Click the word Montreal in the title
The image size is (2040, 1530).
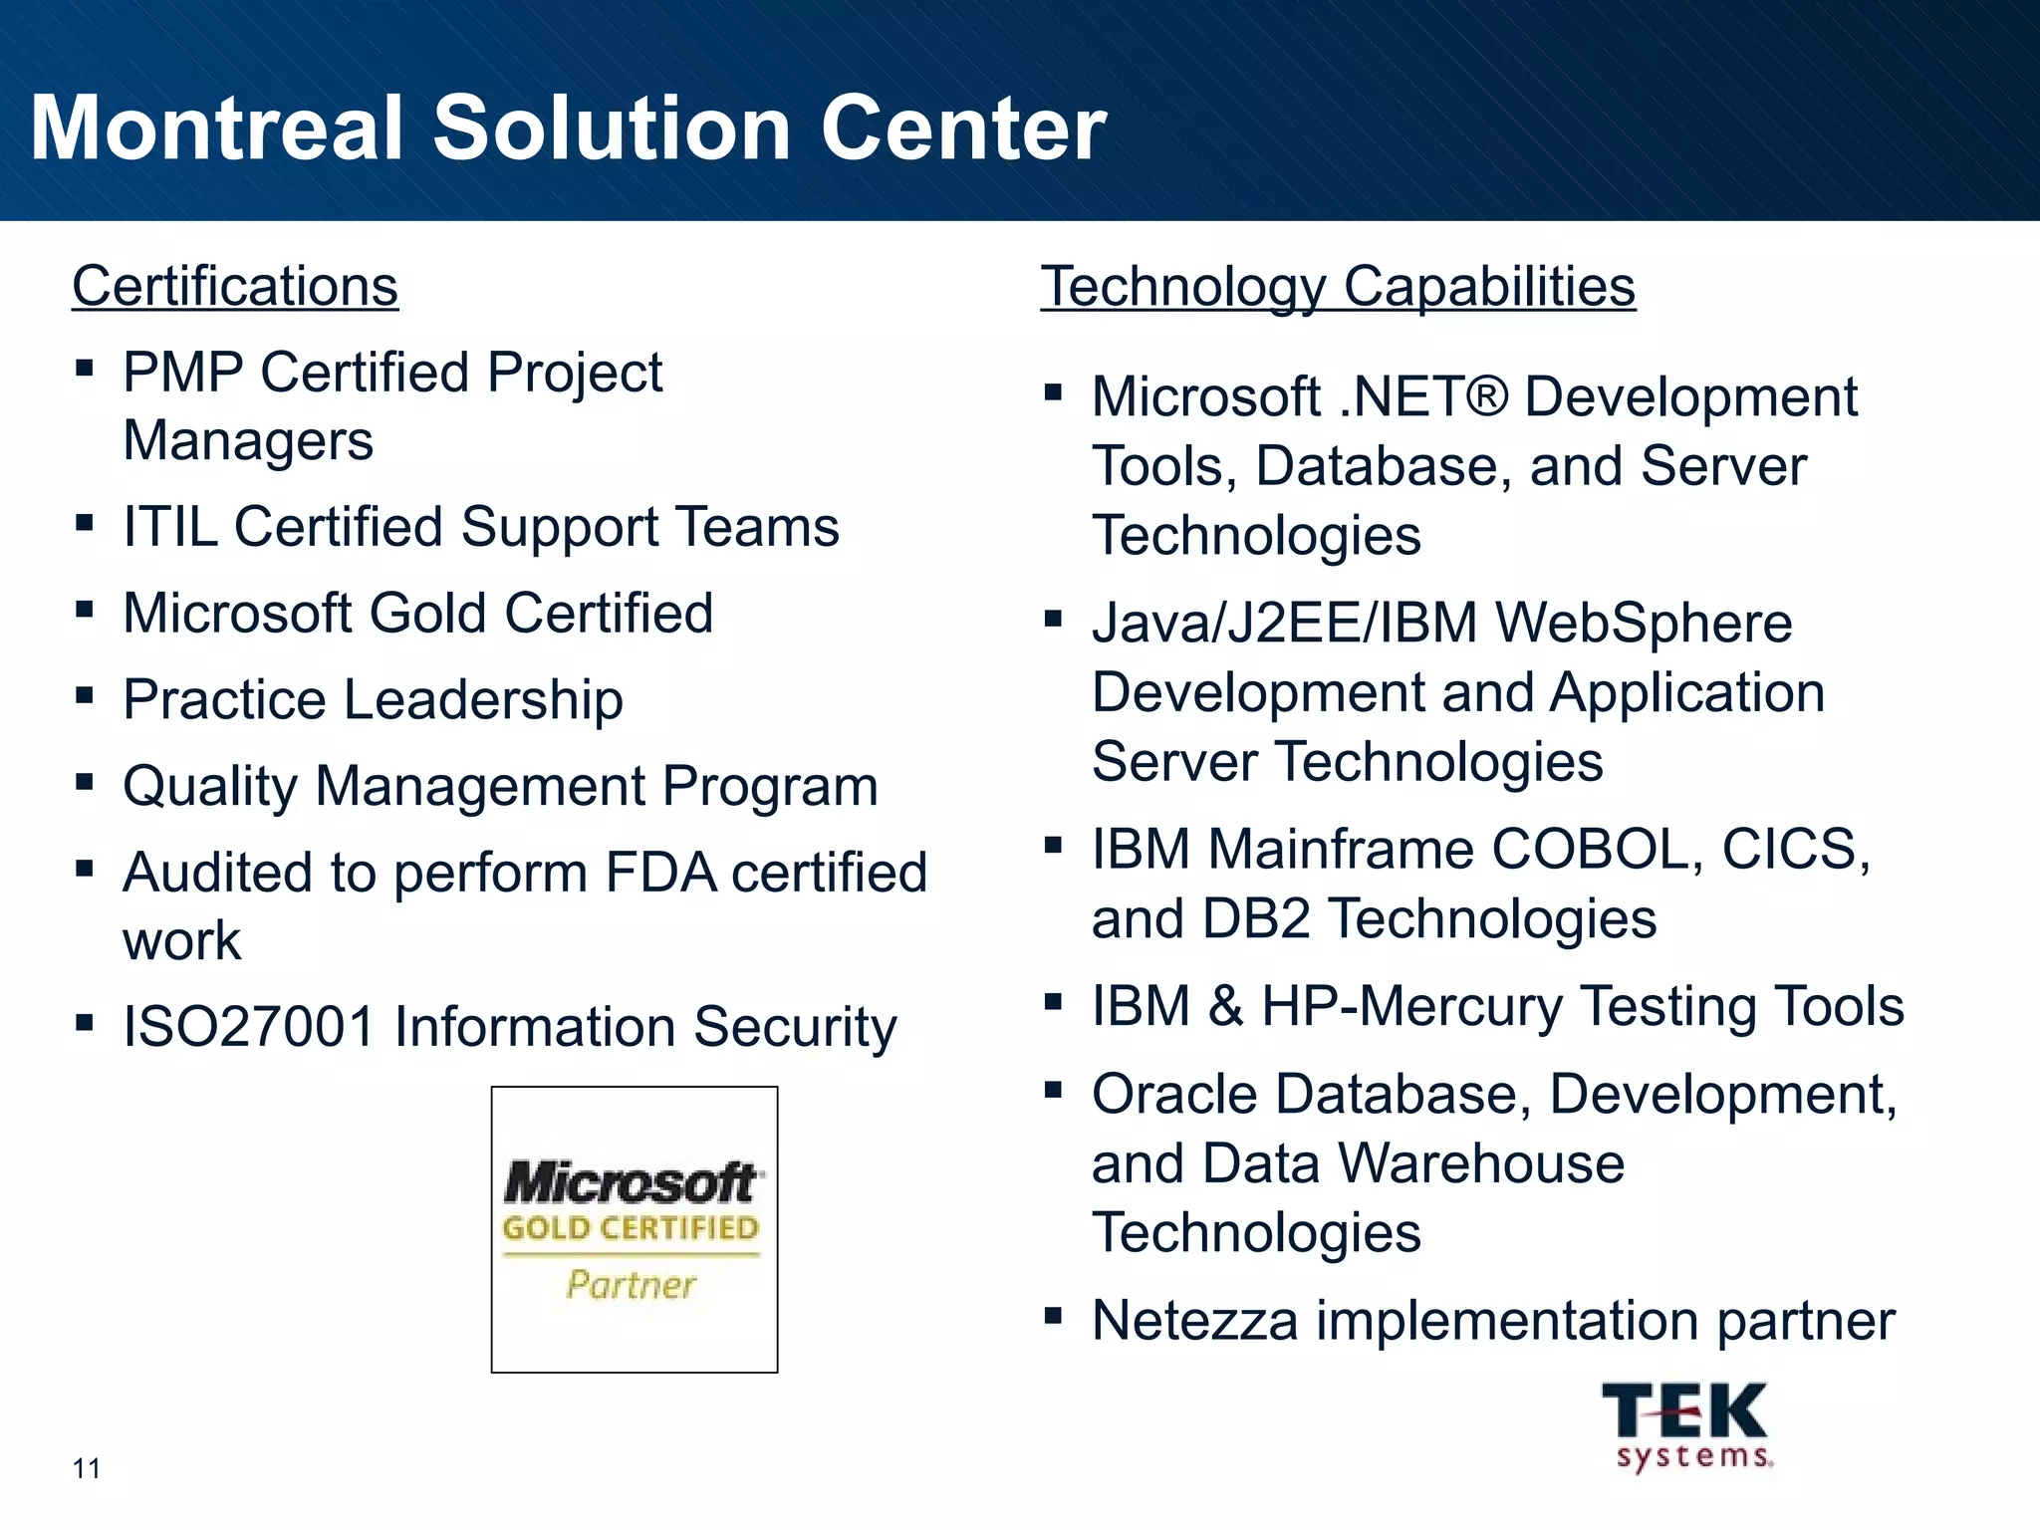[x=217, y=128]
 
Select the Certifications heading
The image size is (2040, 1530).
[x=235, y=287]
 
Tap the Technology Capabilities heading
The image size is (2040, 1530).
[x=1338, y=287]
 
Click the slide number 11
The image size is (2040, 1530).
[x=86, y=1468]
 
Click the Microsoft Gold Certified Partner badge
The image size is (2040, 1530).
[x=634, y=1229]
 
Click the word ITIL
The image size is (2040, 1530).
[x=170, y=527]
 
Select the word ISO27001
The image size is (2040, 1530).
[x=249, y=1027]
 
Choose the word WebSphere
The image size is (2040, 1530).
[x=1644, y=624]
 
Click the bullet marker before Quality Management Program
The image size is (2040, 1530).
[x=85, y=782]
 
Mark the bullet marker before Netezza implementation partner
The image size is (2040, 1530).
[x=1053, y=1317]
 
